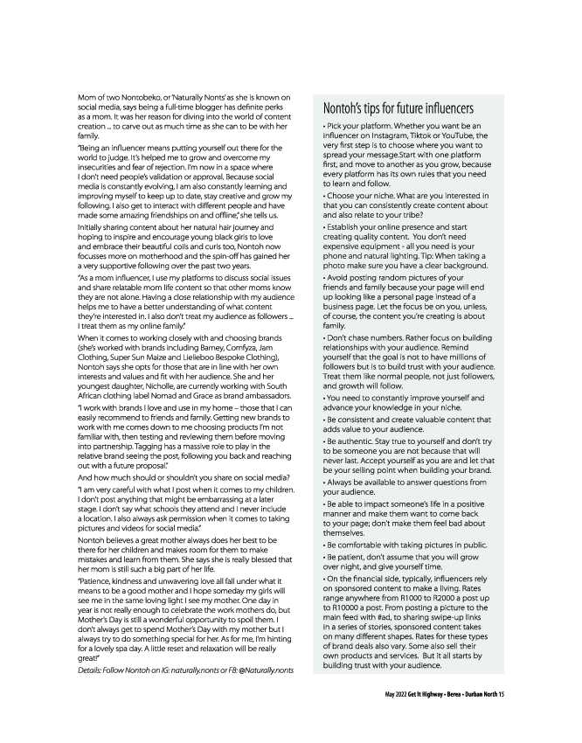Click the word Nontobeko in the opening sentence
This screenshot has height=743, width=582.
pyautogui.click(x=134, y=94)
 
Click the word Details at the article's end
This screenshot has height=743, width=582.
pyautogui.click(x=91, y=670)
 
